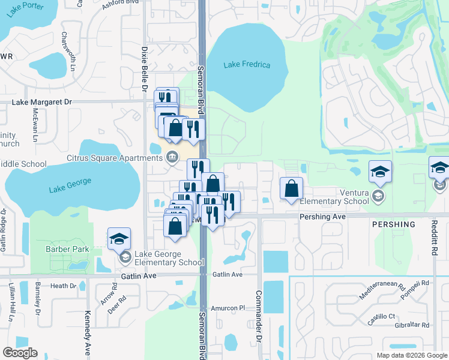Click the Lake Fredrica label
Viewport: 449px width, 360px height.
[x=247, y=65]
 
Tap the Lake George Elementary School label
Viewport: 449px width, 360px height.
[x=169, y=258]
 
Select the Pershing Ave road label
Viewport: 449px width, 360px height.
[x=323, y=216]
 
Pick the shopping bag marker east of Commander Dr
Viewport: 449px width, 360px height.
[x=291, y=189]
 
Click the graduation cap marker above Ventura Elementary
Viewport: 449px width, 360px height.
[x=380, y=172]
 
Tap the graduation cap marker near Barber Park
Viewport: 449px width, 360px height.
[x=119, y=239]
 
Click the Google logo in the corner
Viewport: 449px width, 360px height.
[x=20, y=353]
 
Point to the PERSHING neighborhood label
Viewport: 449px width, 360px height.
[x=394, y=224]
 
